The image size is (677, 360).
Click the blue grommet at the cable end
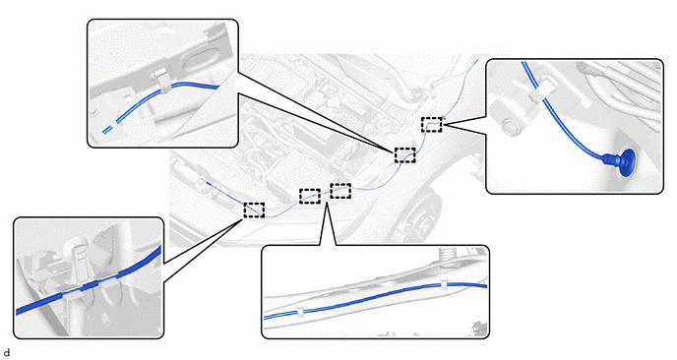(x=621, y=162)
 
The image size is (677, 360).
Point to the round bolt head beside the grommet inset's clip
(x=512, y=126)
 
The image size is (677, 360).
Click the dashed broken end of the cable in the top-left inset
(x=108, y=128)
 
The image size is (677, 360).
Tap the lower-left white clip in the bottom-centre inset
(x=300, y=312)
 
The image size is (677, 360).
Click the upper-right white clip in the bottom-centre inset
(x=445, y=285)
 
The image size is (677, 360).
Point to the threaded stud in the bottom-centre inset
(x=448, y=253)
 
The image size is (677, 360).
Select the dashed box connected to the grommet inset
(x=432, y=124)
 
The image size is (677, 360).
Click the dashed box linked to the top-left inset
(x=405, y=155)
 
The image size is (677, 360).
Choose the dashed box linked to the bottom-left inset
(x=254, y=210)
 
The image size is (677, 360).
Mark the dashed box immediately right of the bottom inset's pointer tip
(x=340, y=191)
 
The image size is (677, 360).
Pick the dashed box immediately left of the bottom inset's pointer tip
(x=310, y=196)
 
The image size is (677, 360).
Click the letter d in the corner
(x=6, y=353)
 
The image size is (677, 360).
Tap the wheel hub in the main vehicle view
(x=415, y=215)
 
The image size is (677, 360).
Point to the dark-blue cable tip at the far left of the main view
(x=209, y=183)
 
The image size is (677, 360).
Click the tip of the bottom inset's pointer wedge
(x=327, y=202)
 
